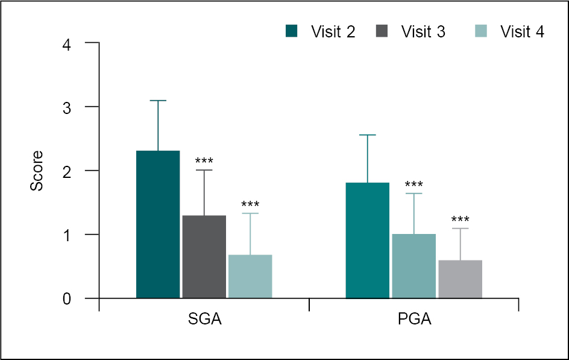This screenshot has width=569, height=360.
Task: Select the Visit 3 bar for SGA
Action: [204, 257]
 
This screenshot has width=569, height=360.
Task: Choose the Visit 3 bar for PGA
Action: [413, 266]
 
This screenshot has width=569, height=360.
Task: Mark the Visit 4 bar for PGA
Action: [460, 279]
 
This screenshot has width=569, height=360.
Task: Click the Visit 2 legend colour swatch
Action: [292, 31]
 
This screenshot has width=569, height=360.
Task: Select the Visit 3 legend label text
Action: [423, 32]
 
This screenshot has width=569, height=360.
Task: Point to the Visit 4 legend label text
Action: [522, 32]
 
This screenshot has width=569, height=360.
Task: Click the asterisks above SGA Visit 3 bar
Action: [204, 161]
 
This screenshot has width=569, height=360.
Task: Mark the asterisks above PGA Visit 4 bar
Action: [460, 219]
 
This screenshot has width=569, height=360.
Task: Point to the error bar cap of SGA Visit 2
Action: [158, 101]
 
